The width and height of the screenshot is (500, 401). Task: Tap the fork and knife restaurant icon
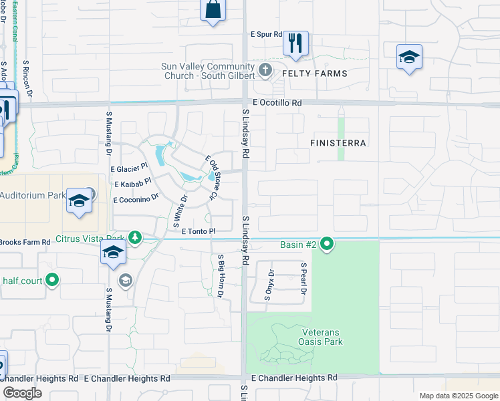pyautogui.click(x=295, y=44)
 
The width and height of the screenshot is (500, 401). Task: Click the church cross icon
pyautogui.click(x=265, y=69)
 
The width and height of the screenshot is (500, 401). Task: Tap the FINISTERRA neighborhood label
pyautogui.click(x=340, y=143)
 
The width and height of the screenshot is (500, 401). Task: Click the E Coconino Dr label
pyautogui.click(x=136, y=198)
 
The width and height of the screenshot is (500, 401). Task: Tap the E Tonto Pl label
pyautogui.click(x=199, y=231)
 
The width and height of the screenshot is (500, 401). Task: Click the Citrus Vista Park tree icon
pyautogui.click(x=135, y=237)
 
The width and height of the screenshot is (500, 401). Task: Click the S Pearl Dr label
pyautogui.click(x=303, y=280)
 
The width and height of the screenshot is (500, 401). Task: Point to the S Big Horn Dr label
pyautogui.click(x=219, y=276)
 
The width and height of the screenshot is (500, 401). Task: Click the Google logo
pyautogui.click(x=22, y=393)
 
